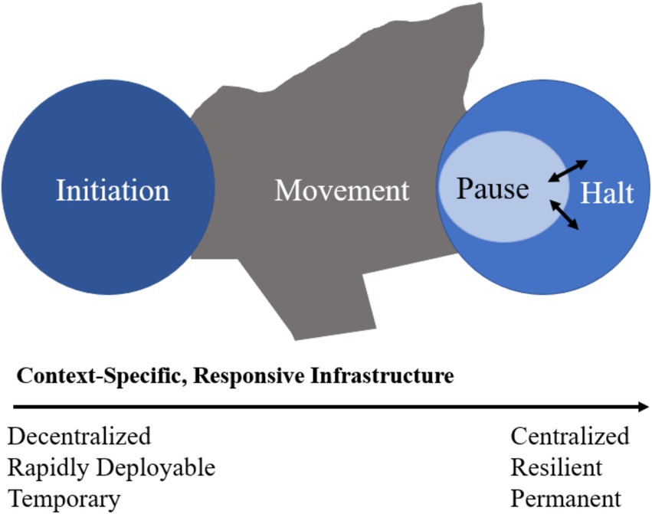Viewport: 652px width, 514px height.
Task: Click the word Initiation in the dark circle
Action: point(113,191)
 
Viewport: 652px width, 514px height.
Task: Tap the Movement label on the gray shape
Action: point(342,191)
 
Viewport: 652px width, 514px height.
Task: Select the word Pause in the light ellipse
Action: point(493,188)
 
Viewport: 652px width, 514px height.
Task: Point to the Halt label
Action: point(607,192)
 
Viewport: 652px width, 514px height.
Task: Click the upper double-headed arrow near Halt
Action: point(568,171)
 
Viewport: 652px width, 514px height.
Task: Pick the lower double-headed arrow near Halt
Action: point(564,214)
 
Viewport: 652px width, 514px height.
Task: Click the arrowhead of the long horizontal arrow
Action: point(644,407)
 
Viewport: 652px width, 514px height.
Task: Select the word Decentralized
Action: point(80,436)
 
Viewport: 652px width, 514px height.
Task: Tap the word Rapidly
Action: point(48,467)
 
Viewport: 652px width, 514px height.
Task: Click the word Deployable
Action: point(156,467)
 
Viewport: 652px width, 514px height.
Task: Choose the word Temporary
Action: point(64,499)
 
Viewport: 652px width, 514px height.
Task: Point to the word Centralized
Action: point(570,436)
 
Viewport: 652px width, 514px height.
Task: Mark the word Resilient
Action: point(556,467)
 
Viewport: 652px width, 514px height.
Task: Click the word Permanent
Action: point(566,499)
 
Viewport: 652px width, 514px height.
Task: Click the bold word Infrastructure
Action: point(382,376)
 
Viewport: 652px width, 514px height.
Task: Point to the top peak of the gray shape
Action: point(480,5)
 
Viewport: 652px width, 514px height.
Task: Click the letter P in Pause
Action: point(464,188)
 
